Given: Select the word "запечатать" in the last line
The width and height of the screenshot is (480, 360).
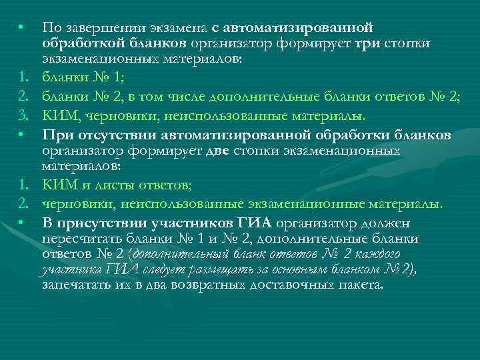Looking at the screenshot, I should pos(74,285).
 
